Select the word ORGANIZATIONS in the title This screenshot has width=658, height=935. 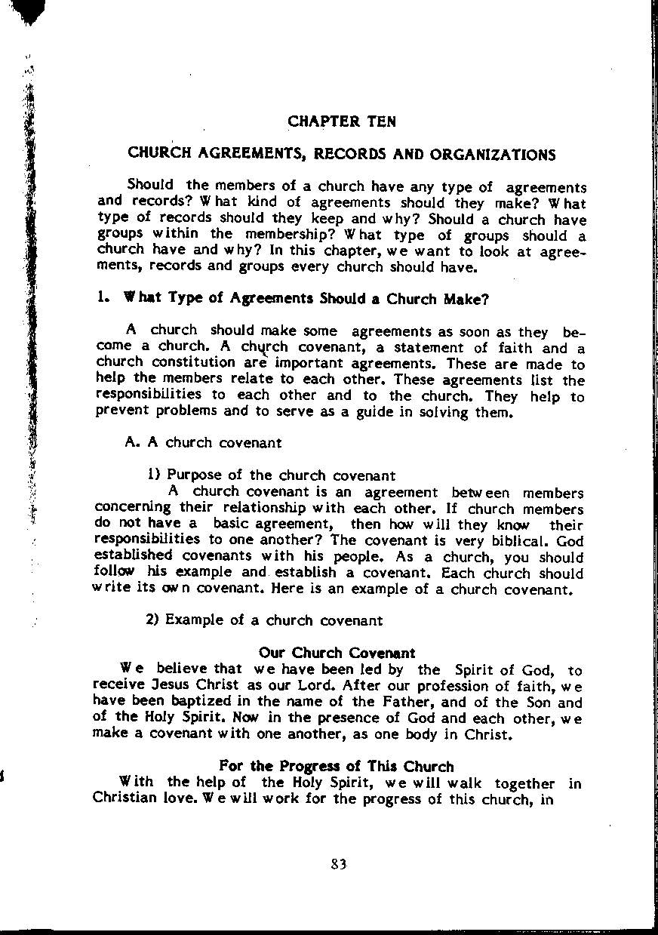[493, 155]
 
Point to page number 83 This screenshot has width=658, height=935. [338, 865]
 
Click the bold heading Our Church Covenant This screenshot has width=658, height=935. [337, 653]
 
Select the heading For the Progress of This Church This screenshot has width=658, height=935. [337, 767]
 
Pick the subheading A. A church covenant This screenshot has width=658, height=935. [203, 443]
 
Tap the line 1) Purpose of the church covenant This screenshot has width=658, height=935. [272, 475]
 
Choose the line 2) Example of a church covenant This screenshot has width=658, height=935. [264, 620]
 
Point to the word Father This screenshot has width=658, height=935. [421, 703]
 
